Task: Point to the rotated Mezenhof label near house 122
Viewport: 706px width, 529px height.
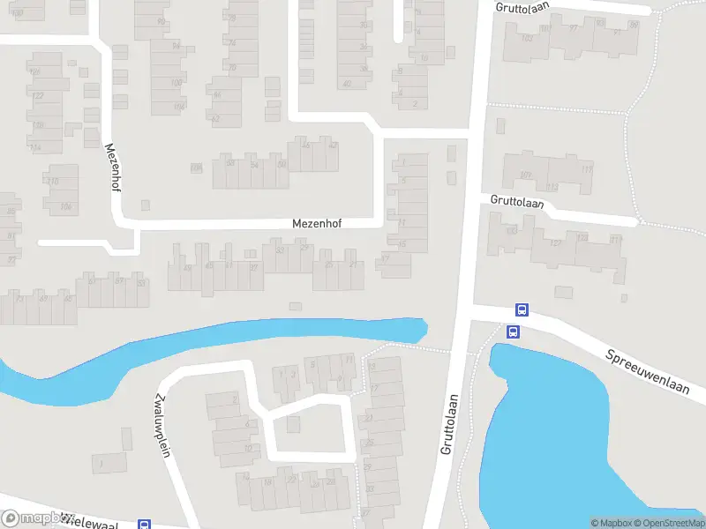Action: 112,168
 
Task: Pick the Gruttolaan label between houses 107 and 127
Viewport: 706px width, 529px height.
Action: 517,202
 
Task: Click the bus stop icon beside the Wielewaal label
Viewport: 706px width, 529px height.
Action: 144,525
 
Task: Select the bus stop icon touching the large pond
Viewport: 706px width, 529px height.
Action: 513,332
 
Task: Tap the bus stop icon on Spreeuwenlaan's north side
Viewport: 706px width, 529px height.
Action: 522,310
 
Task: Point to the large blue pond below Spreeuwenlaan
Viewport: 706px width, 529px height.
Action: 574,432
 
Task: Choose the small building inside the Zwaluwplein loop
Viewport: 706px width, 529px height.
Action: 293,424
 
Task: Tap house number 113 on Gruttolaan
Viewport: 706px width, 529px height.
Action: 586,169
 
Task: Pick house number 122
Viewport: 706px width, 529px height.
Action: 38,96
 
